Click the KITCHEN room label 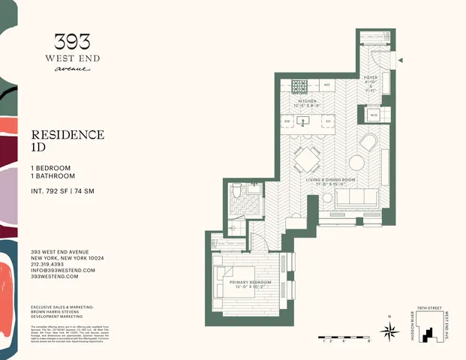tap(308, 101)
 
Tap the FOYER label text tap(371, 76)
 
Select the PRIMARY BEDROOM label tap(245, 282)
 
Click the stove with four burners tap(300, 85)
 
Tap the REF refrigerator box tap(328, 85)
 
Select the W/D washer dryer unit tap(374, 115)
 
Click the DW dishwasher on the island tap(288, 121)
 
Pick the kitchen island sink tap(308, 121)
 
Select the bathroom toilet tap(236, 193)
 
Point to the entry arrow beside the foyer tap(401, 61)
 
